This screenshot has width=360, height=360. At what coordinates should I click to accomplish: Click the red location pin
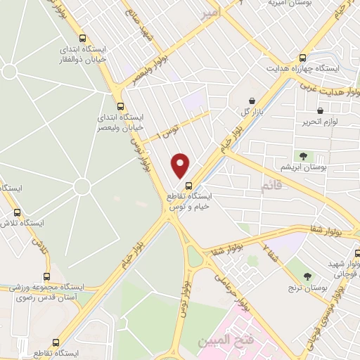(x=181, y=165)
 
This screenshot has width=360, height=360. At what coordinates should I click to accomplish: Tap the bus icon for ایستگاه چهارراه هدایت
(x=303, y=58)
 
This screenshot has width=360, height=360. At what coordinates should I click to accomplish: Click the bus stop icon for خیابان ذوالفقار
(x=84, y=39)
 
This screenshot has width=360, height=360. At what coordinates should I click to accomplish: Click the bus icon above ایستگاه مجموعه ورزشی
(x=47, y=276)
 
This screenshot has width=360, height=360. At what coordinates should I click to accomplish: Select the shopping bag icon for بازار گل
(x=252, y=101)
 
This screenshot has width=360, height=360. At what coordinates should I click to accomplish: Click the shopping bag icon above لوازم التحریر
(x=321, y=110)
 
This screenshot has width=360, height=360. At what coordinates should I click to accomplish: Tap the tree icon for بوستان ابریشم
(x=303, y=155)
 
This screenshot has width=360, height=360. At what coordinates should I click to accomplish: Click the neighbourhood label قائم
(x=269, y=188)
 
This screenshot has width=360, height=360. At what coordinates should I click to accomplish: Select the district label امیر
(x=209, y=13)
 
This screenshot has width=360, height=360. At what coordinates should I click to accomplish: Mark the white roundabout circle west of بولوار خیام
(x=82, y=186)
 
